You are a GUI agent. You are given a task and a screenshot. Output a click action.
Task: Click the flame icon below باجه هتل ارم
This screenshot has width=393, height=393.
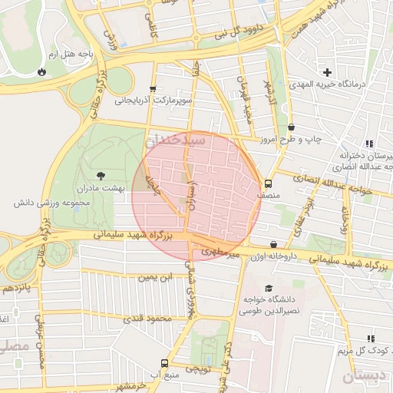tap(40, 71)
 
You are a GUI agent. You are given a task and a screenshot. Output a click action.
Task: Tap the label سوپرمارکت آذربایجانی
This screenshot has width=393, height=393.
tap(153, 100)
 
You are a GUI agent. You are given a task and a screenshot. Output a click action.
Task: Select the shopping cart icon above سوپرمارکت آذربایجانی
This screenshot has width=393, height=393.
tap(153, 88)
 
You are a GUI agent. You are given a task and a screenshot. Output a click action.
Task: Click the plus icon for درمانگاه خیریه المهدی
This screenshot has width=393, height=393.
tap(328, 71)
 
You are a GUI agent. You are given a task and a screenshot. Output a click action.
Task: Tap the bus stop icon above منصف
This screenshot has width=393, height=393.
tap(268, 183)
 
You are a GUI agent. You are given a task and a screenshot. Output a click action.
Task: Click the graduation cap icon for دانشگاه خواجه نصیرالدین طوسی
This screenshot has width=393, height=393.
tap(268, 288)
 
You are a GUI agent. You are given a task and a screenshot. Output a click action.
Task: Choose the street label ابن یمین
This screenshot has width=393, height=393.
tap(158, 276)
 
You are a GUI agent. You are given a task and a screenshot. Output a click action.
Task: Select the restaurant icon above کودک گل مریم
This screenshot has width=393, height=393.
tap(371, 339)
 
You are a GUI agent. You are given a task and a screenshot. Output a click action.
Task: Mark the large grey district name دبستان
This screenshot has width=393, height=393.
tap(360, 376)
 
